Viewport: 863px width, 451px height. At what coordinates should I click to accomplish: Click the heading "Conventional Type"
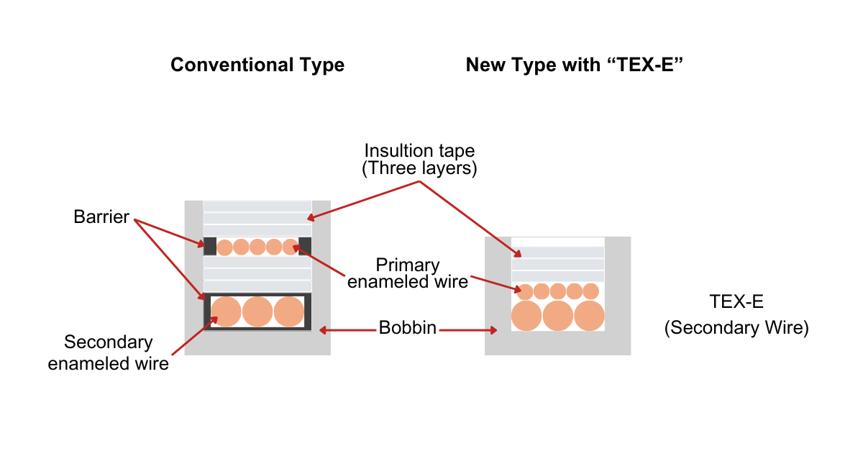257,65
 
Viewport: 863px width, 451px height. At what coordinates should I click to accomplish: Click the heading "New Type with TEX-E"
574,65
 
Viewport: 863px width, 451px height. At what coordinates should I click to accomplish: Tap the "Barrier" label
101,217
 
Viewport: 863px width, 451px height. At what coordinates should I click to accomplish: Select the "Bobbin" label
408,329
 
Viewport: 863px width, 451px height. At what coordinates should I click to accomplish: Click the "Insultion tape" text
419,152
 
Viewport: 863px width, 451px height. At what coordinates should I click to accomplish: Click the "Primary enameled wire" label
408,273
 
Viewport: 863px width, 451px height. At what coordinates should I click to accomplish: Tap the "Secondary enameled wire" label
109,352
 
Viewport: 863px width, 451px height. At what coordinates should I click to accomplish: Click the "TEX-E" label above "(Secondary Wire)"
736,301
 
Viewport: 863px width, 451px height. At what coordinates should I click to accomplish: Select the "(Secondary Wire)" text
736,328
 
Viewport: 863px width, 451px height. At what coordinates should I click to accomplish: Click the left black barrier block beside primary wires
210,246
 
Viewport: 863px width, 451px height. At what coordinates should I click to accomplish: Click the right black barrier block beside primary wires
305,246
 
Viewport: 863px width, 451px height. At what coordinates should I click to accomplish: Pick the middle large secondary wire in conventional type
257,311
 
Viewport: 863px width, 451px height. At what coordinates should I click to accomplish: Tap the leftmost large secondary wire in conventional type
226,311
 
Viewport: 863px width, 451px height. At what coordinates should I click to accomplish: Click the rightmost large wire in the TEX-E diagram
590,316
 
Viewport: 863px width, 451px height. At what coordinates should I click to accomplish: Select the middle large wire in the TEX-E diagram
558,316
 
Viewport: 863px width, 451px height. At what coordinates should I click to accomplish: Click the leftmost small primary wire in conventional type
224,247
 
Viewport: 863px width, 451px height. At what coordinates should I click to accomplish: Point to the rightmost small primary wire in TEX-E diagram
590,291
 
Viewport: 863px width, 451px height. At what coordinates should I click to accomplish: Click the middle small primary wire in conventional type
257,247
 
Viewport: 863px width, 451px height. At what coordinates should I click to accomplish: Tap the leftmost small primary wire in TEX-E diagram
525,291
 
